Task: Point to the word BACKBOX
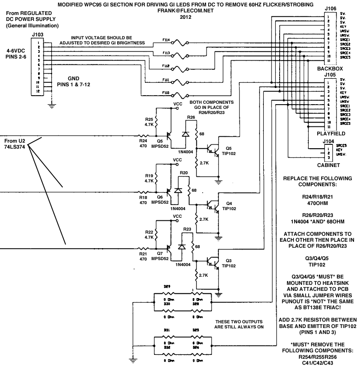[329, 68]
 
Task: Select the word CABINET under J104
[328, 164]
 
